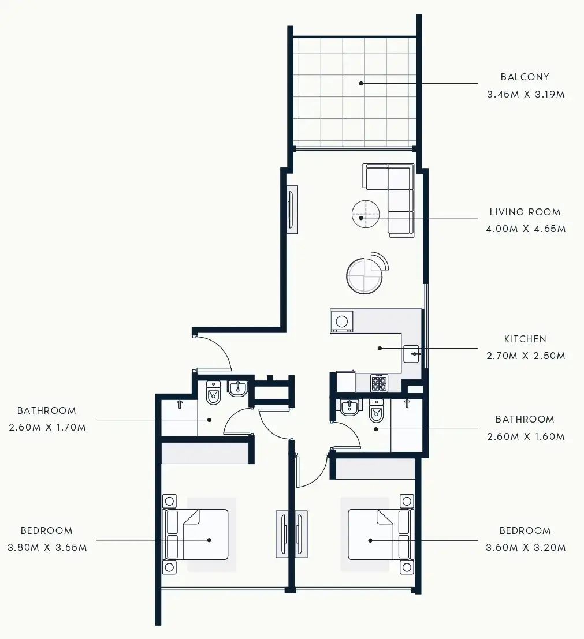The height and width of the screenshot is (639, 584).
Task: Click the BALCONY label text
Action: (525, 77)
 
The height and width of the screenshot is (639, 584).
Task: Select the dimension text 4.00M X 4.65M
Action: (526, 229)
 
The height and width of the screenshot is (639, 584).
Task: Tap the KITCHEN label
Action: (525, 339)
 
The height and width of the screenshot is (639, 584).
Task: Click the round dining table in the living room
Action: (364, 276)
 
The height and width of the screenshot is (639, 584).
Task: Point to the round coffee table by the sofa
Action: (366, 214)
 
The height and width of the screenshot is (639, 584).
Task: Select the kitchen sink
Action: (411, 353)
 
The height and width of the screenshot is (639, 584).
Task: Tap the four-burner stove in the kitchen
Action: (379, 383)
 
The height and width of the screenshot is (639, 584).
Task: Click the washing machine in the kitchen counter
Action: (342, 321)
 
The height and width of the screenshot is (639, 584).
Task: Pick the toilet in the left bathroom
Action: (214, 393)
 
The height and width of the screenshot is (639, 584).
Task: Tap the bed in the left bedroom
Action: (199, 535)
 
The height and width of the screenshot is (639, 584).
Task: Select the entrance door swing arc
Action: (221, 350)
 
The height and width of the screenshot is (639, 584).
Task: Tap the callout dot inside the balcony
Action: (361, 83)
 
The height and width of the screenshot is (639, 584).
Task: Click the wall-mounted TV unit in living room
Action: (292, 209)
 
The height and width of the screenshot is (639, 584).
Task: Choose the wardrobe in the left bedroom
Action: (207, 453)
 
